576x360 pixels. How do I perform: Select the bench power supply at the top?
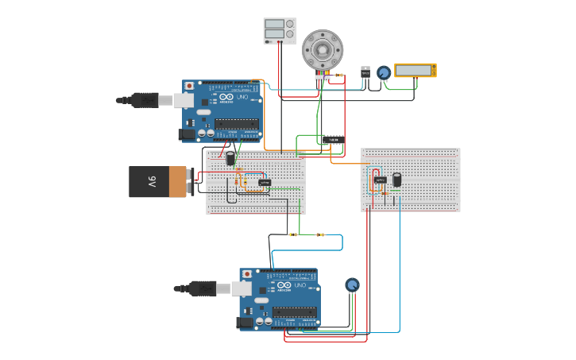[x=280, y=30]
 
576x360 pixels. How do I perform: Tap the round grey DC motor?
[x=323, y=50]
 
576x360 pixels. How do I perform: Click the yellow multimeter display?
[x=415, y=71]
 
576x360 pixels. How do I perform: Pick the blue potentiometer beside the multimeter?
[x=384, y=72]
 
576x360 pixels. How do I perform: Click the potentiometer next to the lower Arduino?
[x=352, y=285]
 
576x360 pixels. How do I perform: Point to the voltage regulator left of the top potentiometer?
[x=365, y=72]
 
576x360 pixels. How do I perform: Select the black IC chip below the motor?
[x=334, y=140]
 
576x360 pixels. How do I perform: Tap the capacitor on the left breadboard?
[x=230, y=159]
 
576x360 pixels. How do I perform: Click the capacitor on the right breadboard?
[x=396, y=180]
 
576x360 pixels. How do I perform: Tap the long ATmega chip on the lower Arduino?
[x=295, y=312]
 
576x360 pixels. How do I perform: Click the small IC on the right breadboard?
[x=380, y=180]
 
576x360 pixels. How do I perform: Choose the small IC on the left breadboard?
[x=264, y=183]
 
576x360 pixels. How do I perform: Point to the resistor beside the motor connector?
[x=339, y=75]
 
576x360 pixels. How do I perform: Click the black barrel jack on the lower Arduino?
[x=245, y=322]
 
